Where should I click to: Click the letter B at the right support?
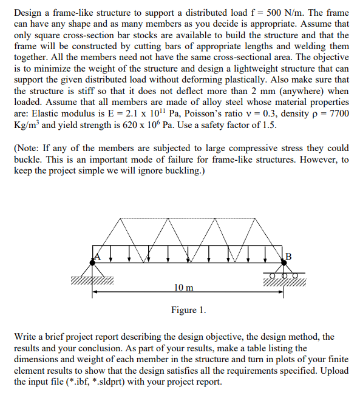click(x=288, y=254)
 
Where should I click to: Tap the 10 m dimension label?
click(x=183, y=286)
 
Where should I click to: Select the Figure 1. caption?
click(x=188, y=310)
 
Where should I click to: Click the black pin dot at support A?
click(x=94, y=260)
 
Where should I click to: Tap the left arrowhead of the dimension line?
click(x=96, y=292)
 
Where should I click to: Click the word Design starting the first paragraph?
click(x=29, y=12)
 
